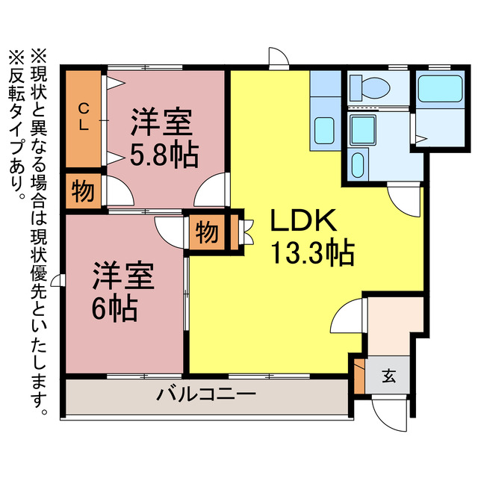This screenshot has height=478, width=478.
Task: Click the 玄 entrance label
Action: click(x=389, y=376)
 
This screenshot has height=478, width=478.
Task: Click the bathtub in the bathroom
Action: click(x=438, y=90)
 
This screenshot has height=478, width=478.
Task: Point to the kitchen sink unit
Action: click(x=324, y=131)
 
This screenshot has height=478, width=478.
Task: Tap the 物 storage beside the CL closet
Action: click(x=83, y=192)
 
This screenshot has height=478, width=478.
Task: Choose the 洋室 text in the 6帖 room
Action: click(x=124, y=276)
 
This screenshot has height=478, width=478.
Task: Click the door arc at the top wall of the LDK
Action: click(x=278, y=58)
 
